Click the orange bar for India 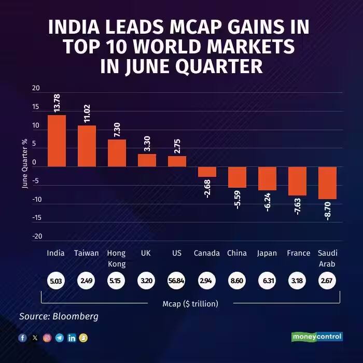57,141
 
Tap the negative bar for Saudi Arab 327,183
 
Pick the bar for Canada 207,172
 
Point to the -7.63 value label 298,205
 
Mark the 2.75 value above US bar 177,144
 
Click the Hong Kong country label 116,258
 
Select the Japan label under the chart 267,254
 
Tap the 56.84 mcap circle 177,282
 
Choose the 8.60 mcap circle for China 237,282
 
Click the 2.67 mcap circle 327,282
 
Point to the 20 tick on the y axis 36,88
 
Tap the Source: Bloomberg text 59,316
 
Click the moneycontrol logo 316,337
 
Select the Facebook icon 23,338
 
